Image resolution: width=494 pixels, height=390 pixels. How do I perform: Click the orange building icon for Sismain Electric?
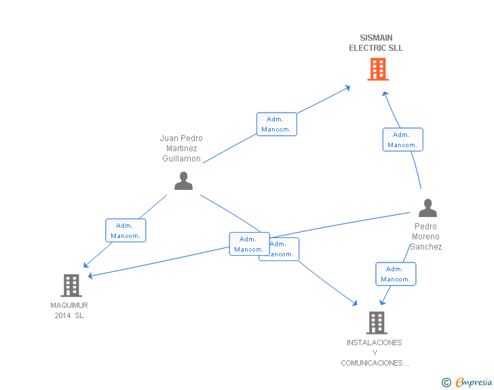pos(378,69)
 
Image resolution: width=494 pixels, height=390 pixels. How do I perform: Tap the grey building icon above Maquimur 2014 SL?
pos(71,286)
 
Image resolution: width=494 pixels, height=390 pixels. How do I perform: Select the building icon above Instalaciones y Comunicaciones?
pos(377,323)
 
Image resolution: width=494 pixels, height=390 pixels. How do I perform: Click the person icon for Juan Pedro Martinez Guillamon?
pos(183,181)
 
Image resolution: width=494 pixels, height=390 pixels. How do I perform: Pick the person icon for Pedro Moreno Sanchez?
pos(427,208)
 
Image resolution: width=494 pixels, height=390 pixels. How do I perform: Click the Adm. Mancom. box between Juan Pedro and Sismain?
pos(276,124)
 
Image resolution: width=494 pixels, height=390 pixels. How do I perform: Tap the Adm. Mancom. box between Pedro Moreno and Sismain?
pos(402,140)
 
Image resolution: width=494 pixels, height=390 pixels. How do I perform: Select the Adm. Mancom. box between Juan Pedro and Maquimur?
pos(126,231)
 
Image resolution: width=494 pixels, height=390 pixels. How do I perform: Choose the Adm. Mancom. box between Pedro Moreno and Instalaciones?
pos(396,274)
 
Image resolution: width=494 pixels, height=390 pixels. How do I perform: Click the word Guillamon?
pos(181,159)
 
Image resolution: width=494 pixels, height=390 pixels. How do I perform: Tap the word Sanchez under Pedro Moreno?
pos(425,247)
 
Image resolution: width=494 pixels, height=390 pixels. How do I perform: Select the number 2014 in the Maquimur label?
pos(63,315)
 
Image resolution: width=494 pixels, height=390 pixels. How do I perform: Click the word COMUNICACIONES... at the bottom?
pos(375,364)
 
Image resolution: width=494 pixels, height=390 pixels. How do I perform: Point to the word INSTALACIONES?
pos(374,343)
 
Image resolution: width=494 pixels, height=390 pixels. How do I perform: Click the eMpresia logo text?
pos(474,383)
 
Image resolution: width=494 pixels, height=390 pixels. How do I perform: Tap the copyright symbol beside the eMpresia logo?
pos(446,383)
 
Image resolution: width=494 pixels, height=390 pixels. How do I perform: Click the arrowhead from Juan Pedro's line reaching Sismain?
pos(347,87)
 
